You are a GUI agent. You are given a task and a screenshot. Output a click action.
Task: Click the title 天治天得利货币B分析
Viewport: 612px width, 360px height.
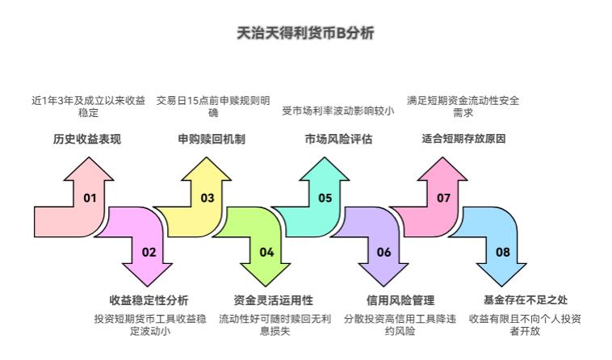point(305,33)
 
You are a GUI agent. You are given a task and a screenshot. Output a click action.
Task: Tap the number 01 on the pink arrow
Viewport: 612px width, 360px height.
point(90,198)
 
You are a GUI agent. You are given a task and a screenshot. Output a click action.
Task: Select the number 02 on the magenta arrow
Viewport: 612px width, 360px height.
point(149,252)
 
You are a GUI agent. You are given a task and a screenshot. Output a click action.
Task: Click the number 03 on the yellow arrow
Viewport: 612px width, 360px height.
point(207,198)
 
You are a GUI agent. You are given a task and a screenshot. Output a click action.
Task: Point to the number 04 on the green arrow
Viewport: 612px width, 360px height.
point(266,252)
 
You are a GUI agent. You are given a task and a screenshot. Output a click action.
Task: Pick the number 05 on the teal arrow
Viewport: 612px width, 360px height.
point(325,198)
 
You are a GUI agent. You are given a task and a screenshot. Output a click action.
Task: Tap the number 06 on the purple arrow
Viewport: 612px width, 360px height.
point(384,252)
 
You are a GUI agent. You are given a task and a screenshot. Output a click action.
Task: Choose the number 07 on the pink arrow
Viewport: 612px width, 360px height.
point(443,198)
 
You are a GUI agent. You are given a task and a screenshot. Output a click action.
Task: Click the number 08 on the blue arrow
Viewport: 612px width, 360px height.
point(502,252)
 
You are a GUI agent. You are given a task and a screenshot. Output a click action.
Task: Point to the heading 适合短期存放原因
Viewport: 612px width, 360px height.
point(463,139)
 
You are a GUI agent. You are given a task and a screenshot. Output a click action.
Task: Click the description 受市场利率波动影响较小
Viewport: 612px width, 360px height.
point(338,111)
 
